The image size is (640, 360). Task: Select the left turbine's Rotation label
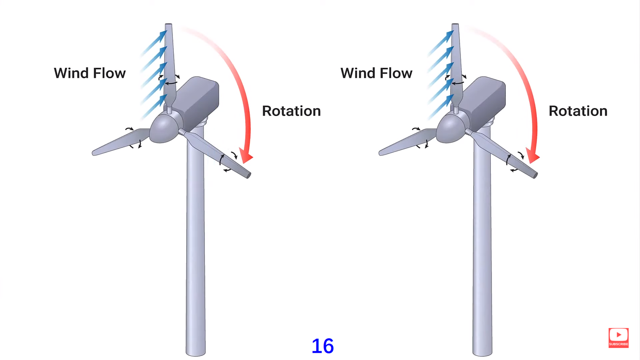291,111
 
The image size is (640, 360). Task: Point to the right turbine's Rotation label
578,111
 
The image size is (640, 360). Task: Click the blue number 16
323,346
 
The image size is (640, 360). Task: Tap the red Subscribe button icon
618,336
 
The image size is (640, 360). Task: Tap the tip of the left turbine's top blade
168,24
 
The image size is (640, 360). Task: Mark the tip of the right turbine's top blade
455,24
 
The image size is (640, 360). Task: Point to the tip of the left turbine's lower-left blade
95,153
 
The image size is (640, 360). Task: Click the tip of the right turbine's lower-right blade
535,174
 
